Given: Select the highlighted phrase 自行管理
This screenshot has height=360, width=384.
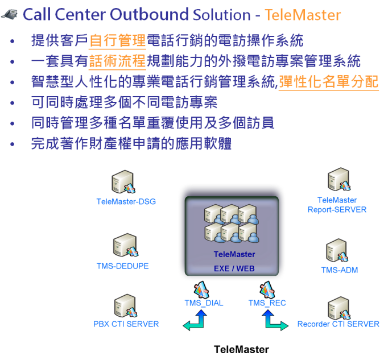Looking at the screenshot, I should pyautogui.click(x=118, y=41).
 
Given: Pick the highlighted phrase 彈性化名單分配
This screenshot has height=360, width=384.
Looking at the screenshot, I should pyautogui.click(x=328, y=82).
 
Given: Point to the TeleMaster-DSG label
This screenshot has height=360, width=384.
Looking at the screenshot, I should pyautogui.click(x=126, y=201).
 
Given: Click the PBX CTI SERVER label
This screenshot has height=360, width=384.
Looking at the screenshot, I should pyautogui.click(x=126, y=324).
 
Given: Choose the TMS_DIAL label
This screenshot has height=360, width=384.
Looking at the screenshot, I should pyautogui.click(x=204, y=303).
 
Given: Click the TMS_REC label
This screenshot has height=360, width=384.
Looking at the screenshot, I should pyautogui.click(x=267, y=303).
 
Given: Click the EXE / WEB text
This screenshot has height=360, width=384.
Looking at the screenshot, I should pyautogui.click(x=234, y=268).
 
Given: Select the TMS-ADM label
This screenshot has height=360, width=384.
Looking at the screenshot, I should pyautogui.click(x=340, y=270).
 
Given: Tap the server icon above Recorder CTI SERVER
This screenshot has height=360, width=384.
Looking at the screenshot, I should pyautogui.click(x=338, y=307).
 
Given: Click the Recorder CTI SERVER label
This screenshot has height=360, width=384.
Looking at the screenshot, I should pyautogui.click(x=338, y=324).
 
